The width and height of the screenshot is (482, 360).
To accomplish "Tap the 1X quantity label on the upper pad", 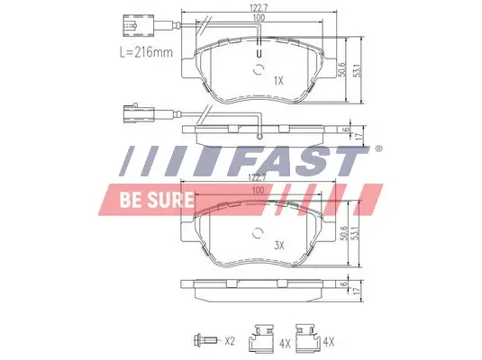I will point(278,80).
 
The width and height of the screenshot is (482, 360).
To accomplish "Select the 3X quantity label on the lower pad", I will point(278,244).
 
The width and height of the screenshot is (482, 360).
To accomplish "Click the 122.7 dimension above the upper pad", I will point(259,8).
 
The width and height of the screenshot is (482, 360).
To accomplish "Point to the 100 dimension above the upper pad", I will point(259,19).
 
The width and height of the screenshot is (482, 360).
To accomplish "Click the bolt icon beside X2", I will point(205,340).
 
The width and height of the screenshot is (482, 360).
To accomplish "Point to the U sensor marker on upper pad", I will point(259,52).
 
